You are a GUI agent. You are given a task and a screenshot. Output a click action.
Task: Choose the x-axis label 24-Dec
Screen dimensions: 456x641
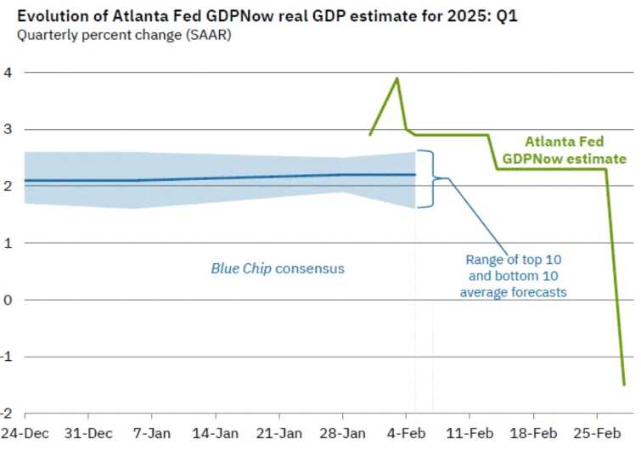click(25, 433)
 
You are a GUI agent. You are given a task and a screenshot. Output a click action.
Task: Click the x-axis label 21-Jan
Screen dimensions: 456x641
click(279, 433)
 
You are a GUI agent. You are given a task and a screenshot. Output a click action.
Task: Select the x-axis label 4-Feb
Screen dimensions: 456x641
click(406, 433)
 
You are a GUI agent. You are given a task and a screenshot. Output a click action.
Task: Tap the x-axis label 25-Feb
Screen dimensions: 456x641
click(596, 433)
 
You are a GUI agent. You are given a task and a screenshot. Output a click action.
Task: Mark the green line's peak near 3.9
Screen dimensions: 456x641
click(396, 79)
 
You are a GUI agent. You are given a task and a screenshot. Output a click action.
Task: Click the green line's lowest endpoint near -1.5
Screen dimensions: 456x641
click(624, 385)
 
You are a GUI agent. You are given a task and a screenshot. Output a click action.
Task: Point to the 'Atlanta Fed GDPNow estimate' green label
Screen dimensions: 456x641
click(564, 150)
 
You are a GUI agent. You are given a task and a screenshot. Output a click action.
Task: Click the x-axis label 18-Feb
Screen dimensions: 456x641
click(533, 433)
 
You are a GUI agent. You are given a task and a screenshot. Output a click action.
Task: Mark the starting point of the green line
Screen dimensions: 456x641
click(370, 134)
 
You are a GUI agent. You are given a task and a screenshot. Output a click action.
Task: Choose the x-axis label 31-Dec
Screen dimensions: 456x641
click(88, 433)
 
